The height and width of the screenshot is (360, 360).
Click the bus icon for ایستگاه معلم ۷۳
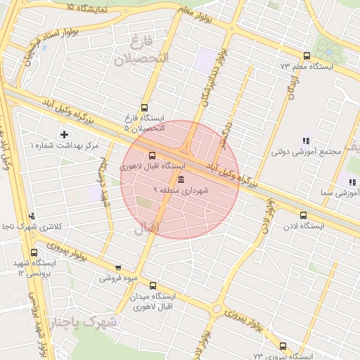(306, 56)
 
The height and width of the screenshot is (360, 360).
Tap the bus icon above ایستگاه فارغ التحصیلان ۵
(144, 108)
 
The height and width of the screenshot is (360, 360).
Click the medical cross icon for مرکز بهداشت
(65, 134)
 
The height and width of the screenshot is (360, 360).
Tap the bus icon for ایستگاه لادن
(303, 216)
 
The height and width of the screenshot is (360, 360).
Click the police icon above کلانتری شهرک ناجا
(32, 217)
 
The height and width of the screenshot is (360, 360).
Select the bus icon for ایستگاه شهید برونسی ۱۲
(34, 253)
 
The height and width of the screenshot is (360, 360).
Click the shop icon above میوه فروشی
(117, 268)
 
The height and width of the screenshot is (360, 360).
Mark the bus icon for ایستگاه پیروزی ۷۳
(283, 346)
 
